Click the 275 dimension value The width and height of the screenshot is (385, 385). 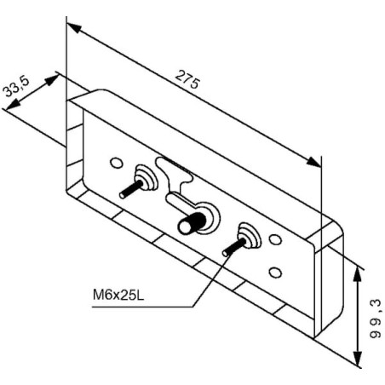click(187, 79)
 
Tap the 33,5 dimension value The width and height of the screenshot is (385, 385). click(16, 87)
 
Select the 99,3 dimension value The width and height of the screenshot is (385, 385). click(375, 319)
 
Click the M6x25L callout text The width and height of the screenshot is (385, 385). click(118, 295)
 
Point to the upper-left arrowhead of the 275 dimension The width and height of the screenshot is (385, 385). click(74, 27)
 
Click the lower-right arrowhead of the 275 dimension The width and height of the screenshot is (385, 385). click(314, 162)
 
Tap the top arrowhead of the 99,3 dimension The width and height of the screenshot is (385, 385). click(358, 274)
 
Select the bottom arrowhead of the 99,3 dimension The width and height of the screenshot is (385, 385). click(358, 359)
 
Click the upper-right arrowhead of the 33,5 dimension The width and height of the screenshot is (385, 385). click(52, 80)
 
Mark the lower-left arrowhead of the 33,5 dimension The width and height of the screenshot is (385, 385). click(13, 104)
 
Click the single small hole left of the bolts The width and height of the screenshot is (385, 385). click(117, 163)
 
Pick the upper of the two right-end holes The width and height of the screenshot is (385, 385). click(275, 239)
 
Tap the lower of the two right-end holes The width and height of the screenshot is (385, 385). click(275, 273)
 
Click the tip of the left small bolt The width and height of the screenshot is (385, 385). click(123, 195)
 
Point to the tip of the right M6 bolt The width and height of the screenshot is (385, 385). click(226, 252)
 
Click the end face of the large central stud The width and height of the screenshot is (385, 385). click(185, 227)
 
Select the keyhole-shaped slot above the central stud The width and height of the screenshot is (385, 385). click(174, 174)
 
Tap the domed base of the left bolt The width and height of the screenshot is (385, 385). click(147, 177)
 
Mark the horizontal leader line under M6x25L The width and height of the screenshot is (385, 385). click(142, 307)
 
